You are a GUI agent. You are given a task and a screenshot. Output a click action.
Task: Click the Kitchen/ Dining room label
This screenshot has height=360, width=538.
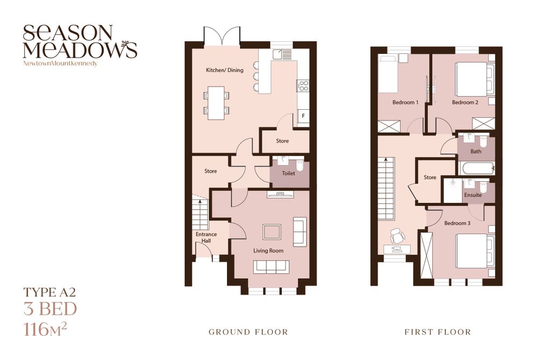point(224,70)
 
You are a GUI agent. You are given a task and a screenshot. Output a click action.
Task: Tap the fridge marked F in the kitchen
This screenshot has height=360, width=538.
point(303,116)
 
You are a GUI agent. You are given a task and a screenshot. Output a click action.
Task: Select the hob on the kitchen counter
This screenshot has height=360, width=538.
point(303,86)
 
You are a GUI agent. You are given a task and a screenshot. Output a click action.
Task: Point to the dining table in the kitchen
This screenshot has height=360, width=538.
point(216,103)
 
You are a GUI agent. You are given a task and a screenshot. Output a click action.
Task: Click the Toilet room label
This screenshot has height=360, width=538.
point(288,173)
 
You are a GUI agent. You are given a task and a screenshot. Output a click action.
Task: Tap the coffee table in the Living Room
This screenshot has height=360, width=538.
point(272,231)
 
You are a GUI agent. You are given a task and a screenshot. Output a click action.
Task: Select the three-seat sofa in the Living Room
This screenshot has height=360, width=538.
point(271,267)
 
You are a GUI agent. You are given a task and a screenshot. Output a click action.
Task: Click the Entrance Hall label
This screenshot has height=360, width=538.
point(206,237)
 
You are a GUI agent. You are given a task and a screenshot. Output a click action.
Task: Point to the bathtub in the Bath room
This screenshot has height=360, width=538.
point(477,168)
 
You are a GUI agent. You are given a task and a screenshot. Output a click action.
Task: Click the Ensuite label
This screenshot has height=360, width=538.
point(473,195)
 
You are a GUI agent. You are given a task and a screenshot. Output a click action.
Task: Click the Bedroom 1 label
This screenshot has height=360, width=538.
point(406,102)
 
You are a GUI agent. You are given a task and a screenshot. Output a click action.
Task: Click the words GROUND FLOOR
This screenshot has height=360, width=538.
point(249,332)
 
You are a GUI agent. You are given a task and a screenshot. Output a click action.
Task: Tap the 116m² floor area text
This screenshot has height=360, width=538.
point(45,329)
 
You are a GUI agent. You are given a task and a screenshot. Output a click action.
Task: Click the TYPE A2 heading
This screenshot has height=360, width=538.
point(49,292)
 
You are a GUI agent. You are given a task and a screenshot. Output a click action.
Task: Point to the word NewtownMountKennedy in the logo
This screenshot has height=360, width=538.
point(60,63)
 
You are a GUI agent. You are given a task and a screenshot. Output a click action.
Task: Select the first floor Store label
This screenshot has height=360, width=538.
point(430,178)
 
